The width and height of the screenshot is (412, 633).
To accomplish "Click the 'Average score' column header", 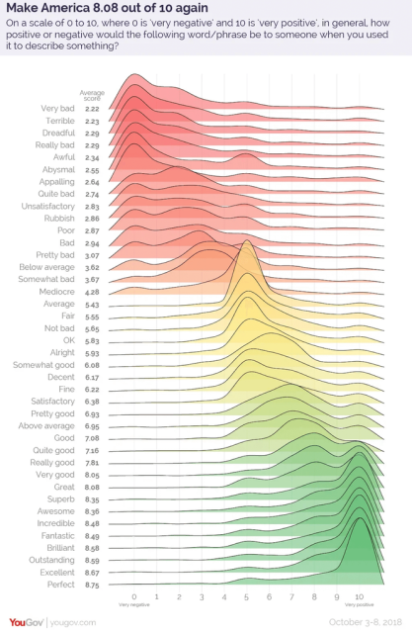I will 92,94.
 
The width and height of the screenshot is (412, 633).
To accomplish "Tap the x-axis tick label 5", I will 247,597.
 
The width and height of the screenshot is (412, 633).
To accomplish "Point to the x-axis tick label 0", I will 133,597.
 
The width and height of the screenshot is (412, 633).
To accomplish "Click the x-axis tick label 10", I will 360,597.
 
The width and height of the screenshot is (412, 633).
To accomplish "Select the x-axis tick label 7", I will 291,597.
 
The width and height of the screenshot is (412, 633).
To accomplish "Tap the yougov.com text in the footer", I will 73,621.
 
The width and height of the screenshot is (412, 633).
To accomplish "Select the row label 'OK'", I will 69,340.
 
